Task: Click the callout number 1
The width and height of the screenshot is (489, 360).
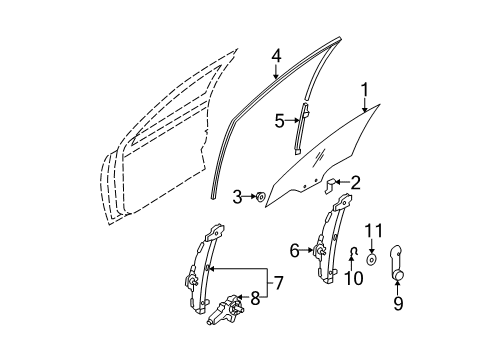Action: pyautogui.click(x=365, y=90)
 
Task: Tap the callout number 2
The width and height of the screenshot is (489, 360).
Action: pyautogui.click(x=355, y=183)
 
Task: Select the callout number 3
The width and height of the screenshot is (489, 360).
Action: pyautogui.click(x=237, y=197)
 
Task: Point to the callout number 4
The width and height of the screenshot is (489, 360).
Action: pyautogui.click(x=276, y=56)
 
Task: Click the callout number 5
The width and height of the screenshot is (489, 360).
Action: pyautogui.click(x=280, y=121)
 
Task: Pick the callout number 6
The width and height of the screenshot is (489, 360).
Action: pyautogui.click(x=295, y=251)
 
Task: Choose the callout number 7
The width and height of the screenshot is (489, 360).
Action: pyautogui.click(x=278, y=283)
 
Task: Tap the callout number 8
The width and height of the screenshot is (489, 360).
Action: pyautogui.click(x=255, y=298)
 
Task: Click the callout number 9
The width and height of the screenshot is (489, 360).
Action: pyautogui.click(x=398, y=303)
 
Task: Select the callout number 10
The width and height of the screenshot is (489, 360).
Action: pyautogui.click(x=353, y=278)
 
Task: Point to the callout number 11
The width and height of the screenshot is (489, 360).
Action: pyautogui.click(x=373, y=231)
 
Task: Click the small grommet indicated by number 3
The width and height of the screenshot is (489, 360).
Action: pyautogui.click(x=260, y=197)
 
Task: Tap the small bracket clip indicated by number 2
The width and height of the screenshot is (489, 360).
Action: pyautogui.click(x=330, y=185)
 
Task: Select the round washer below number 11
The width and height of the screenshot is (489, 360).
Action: pyautogui.click(x=371, y=260)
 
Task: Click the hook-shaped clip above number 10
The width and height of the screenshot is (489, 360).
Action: pyautogui.click(x=352, y=253)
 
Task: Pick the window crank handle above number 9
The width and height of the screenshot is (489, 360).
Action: pyautogui.click(x=396, y=263)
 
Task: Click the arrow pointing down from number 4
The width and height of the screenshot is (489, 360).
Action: pyautogui.click(x=276, y=72)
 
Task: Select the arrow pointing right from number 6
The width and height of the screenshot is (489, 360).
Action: pyautogui.click(x=307, y=250)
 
